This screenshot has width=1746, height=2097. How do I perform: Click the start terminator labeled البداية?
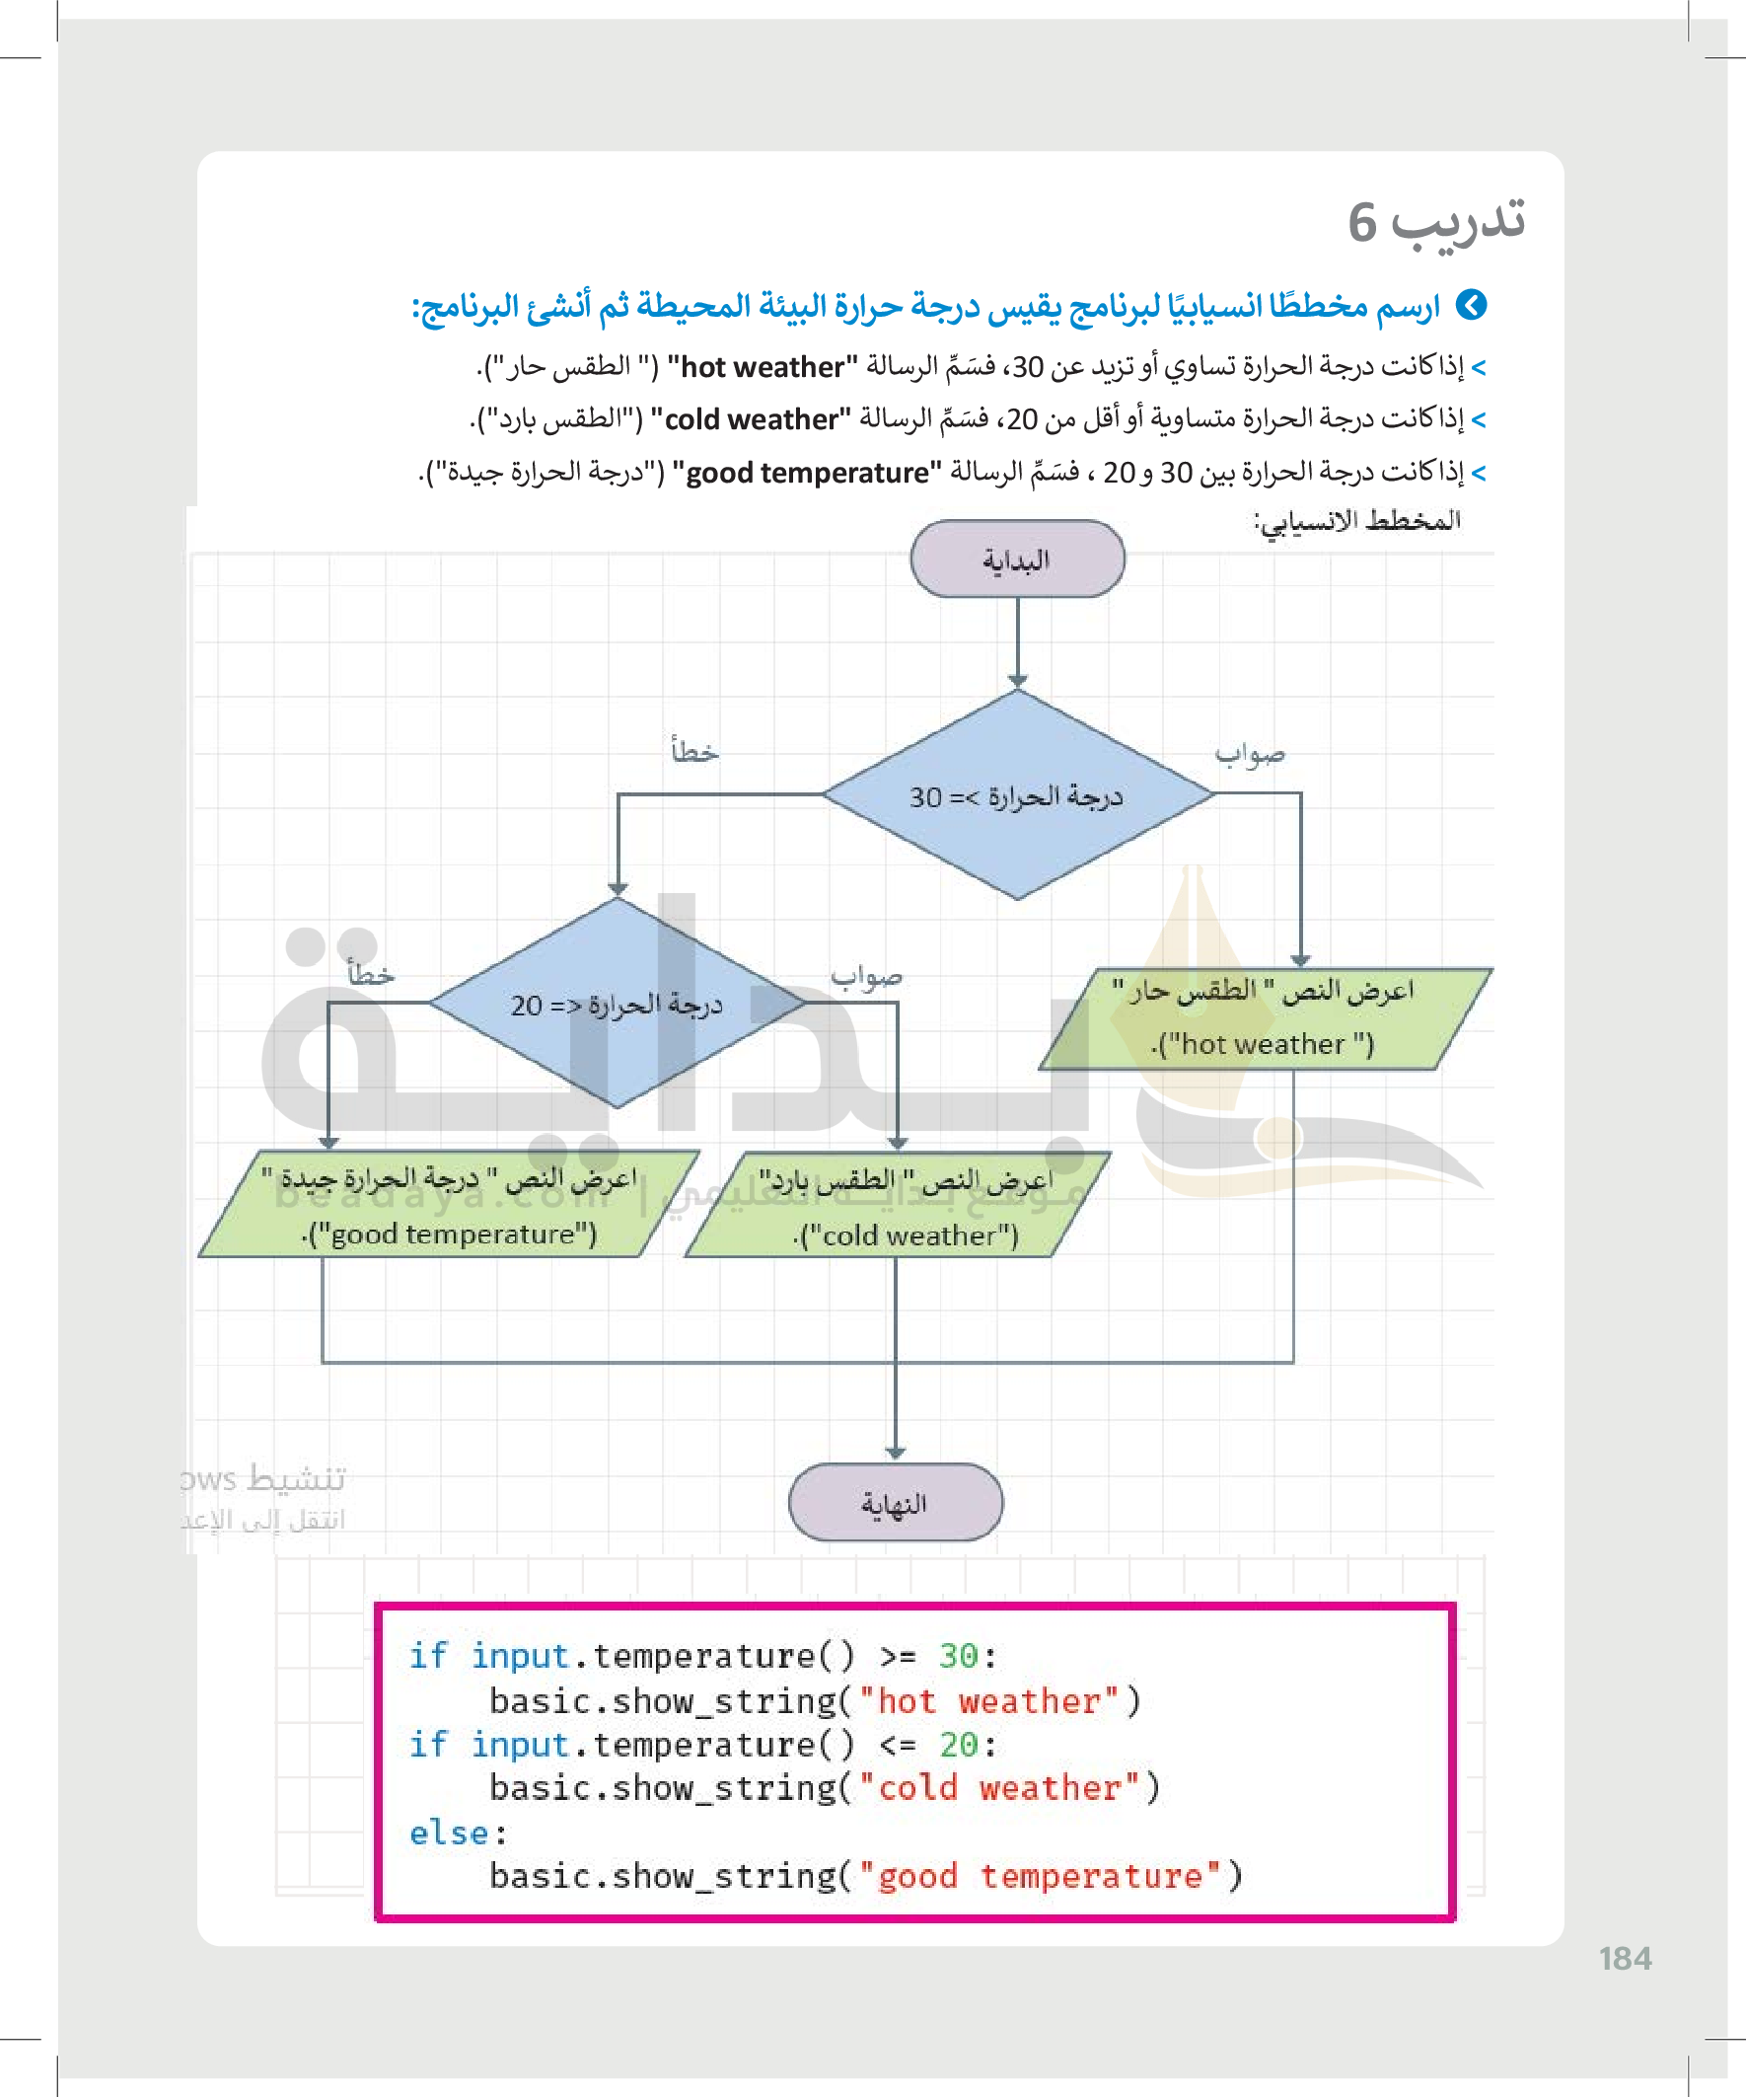point(1016,560)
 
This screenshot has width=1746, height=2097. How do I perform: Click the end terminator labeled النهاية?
point(895,1502)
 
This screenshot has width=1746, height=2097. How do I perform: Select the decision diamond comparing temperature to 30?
point(1016,794)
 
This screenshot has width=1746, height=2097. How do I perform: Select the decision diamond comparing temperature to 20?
point(617,1003)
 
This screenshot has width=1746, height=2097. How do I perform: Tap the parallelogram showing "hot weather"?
point(1264,1018)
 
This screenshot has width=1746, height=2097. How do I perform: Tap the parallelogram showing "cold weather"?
point(899,1205)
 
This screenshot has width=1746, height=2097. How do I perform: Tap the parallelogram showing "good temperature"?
point(448,1204)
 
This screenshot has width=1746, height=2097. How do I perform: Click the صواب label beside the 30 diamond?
point(1249,753)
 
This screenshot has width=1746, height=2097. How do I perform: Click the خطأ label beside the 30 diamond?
point(694,750)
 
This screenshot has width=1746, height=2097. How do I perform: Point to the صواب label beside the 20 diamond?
point(866,976)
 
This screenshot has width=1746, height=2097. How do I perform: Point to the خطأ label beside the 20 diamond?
point(370,973)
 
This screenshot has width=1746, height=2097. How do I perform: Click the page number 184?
point(1625,1959)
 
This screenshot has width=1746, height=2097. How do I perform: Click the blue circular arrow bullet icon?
point(1471,305)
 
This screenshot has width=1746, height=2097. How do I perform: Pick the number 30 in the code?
point(958,1657)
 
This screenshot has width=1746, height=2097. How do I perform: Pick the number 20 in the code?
point(959,1745)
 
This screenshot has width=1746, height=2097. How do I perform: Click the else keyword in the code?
point(448,1833)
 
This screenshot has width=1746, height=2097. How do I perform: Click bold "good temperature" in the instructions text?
point(807,473)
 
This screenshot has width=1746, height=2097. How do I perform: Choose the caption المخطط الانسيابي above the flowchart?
point(1357,521)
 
